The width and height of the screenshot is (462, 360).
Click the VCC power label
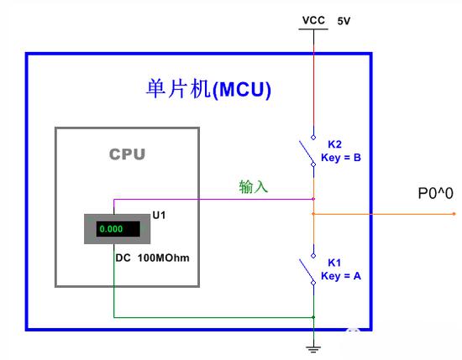click(x=313, y=20)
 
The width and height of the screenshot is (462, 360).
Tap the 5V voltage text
click(x=344, y=21)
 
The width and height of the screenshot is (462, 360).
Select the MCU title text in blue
click(x=208, y=89)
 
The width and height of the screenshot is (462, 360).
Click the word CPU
click(x=128, y=154)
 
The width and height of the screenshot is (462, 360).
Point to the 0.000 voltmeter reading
click(x=111, y=229)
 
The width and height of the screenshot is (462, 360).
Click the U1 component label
click(x=159, y=215)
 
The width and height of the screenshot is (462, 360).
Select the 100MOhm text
click(x=164, y=258)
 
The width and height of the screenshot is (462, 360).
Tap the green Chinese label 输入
click(x=254, y=186)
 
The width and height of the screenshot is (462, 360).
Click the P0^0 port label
click(x=435, y=193)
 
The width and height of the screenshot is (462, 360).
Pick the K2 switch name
click(x=334, y=144)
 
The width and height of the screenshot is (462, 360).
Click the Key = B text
click(x=341, y=158)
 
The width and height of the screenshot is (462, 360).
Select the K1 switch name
click(x=334, y=263)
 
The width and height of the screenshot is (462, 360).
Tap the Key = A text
click(x=341, y=276)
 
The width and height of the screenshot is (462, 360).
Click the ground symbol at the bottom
click(x=313, y=349)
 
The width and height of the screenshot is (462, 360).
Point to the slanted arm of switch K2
click(x=307, y=152)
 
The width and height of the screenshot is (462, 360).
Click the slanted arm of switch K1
click(x=307, y=270)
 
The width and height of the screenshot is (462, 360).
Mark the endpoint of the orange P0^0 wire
click(x=454, y=214)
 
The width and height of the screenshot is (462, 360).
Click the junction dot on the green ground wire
click(x=313, y=317)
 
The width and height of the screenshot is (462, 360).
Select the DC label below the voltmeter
click(x=123, y=258)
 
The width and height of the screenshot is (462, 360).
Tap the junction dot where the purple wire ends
click(x=313, y=199)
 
